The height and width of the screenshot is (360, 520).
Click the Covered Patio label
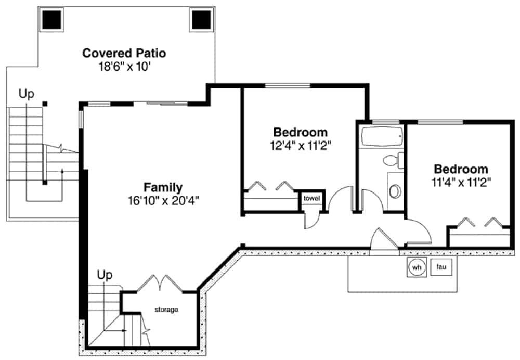[x=124, y=53]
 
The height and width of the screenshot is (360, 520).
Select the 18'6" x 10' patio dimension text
[x=124, y=67]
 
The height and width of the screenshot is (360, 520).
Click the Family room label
[x=163, y=187]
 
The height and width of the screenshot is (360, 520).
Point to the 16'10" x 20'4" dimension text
[x=163, y=200]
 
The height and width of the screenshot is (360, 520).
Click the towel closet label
[x=312, y=198]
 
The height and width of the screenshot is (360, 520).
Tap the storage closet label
[x=166, y=310]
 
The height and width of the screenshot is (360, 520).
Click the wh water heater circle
[x=416, y=267]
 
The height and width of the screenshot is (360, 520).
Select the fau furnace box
[x=441, y=267]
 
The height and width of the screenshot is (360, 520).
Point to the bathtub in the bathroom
[x=381, y=137]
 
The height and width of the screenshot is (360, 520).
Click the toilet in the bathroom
[x=392, y=160]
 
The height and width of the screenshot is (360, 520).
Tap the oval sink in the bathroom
[x=395, y=191]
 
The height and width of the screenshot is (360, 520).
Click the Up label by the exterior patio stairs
[x=26, y=94]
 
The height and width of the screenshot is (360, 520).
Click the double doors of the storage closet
[x=160, y=284]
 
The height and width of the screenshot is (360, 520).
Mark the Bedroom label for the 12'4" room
[x=301, y=132]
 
